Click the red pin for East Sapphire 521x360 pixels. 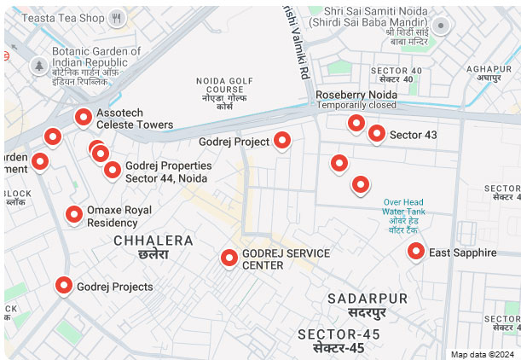coord(415,251)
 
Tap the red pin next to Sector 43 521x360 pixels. coord(376,133)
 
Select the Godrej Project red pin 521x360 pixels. coord(282,141)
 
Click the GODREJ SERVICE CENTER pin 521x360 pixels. coord(229,258)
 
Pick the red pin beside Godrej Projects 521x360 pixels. coord(64,286)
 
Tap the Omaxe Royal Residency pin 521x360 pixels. coord(74,215)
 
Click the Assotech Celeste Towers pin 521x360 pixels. coord(84,118)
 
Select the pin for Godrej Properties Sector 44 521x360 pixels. coord(112,170)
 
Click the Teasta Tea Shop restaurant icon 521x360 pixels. coord(119,17)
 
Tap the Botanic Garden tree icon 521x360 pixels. coord(38,65)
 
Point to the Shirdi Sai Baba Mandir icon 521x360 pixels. coord(441,26)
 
